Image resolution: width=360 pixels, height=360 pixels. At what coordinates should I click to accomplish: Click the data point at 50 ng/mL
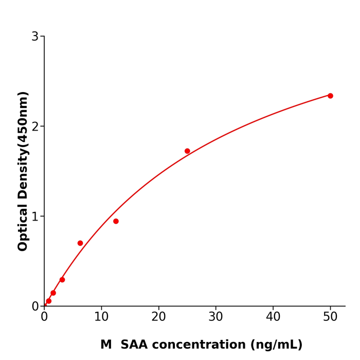pos(330,96)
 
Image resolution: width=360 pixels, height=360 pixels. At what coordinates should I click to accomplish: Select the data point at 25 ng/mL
pos(187,151)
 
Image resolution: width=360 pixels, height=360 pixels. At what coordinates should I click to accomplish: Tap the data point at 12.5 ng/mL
pos(116,221)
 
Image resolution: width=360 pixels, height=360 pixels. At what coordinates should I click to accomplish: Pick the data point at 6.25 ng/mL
pos(80,243)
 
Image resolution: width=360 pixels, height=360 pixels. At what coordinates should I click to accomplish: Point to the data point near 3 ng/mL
pos(62,280)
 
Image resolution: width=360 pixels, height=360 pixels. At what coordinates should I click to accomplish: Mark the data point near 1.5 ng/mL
pos(53,293)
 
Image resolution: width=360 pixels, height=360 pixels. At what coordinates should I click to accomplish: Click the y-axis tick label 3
pos(35,37)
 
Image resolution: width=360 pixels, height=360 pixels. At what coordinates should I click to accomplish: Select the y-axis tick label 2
pos(35,127)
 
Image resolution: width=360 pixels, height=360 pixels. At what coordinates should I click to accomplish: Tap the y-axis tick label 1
pos(35,217)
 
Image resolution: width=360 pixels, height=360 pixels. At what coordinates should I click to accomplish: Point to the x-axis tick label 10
pos(101,317)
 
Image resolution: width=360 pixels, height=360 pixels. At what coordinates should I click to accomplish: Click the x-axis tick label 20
pos(158,317)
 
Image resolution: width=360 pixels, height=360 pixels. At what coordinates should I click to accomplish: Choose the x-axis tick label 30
pos(216,317)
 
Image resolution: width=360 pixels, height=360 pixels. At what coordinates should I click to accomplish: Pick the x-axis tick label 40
pos(273,317)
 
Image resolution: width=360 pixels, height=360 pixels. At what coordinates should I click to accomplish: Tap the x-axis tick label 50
pos(330,317)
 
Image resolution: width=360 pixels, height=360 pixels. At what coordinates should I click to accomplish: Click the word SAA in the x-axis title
pos(135,345)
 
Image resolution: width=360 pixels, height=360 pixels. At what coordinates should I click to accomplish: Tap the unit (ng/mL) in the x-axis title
pos(277,345)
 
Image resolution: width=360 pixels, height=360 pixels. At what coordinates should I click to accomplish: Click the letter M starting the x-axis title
pos(106,345)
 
